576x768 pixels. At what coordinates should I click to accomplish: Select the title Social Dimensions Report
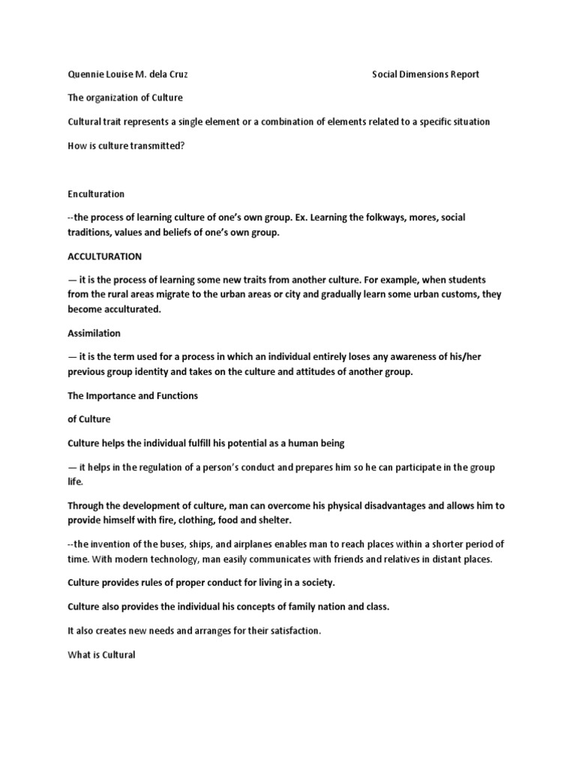[425, 74]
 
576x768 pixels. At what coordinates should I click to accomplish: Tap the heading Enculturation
[96, 193]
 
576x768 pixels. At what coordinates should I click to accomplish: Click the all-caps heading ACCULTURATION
[104, 256]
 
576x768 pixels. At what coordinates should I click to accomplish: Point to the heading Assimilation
[94, 333]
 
